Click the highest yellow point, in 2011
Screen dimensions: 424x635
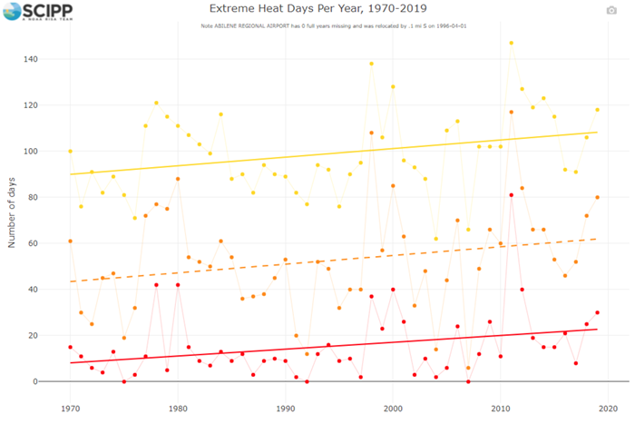coord(511,43)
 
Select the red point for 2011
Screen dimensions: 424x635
coord(511,195)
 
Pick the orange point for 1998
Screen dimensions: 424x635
coord(371,133)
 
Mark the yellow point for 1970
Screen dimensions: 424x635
coord(70,151)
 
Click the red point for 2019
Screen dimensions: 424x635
coord(597,312)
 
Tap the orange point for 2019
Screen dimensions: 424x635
coord(597,197)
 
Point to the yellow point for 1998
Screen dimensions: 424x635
coord(371,64)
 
